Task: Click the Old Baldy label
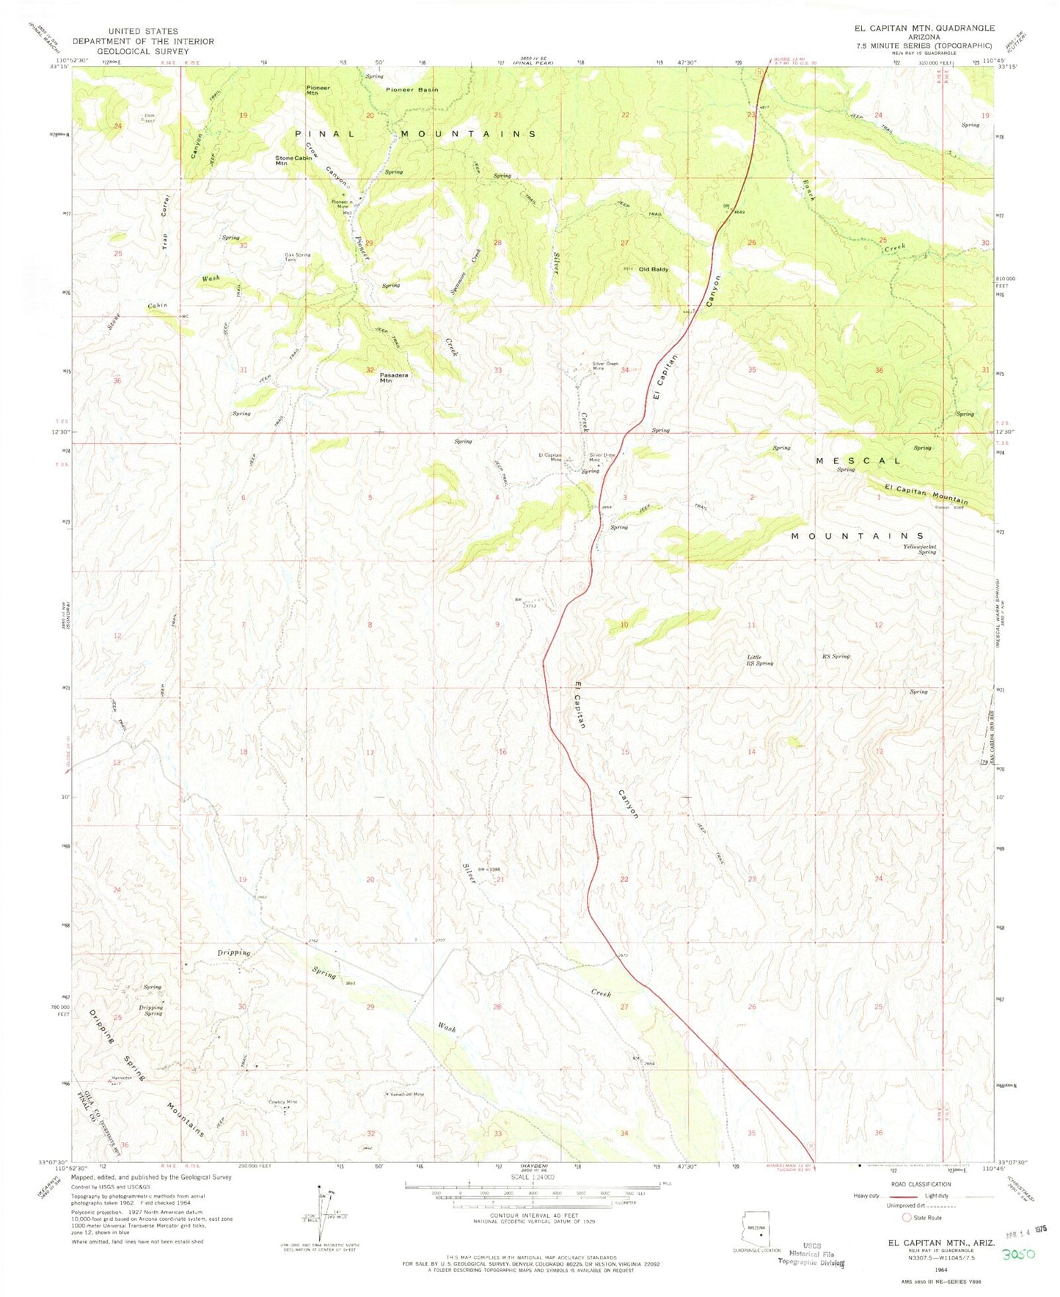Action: (x=654, y=269)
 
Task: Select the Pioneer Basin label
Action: (x=412, y=89)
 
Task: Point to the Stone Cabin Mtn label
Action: (x=291, y=161)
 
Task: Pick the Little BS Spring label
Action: (x=759, y=660)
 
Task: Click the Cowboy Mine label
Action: (x=283, y=1102)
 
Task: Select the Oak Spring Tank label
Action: (x=298, y=257)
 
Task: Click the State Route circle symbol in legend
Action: (x=907, y=1218)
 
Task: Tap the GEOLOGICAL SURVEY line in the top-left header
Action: (x=142, y=51)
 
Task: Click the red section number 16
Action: (x=502, y=752)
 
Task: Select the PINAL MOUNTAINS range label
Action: (x=415, y=134)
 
